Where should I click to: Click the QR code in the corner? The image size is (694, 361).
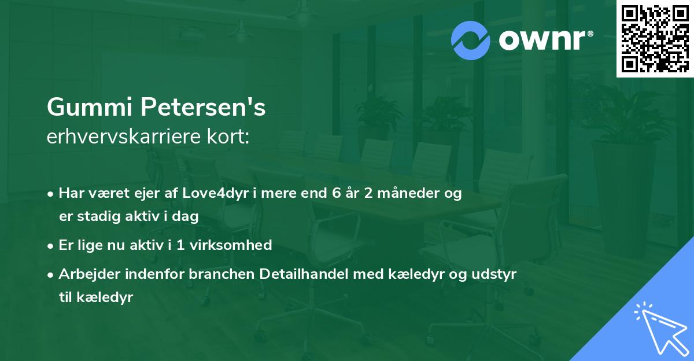point(655,39)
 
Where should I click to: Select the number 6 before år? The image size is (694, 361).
point(336,194)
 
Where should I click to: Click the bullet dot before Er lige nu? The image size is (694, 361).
point(51,246)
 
